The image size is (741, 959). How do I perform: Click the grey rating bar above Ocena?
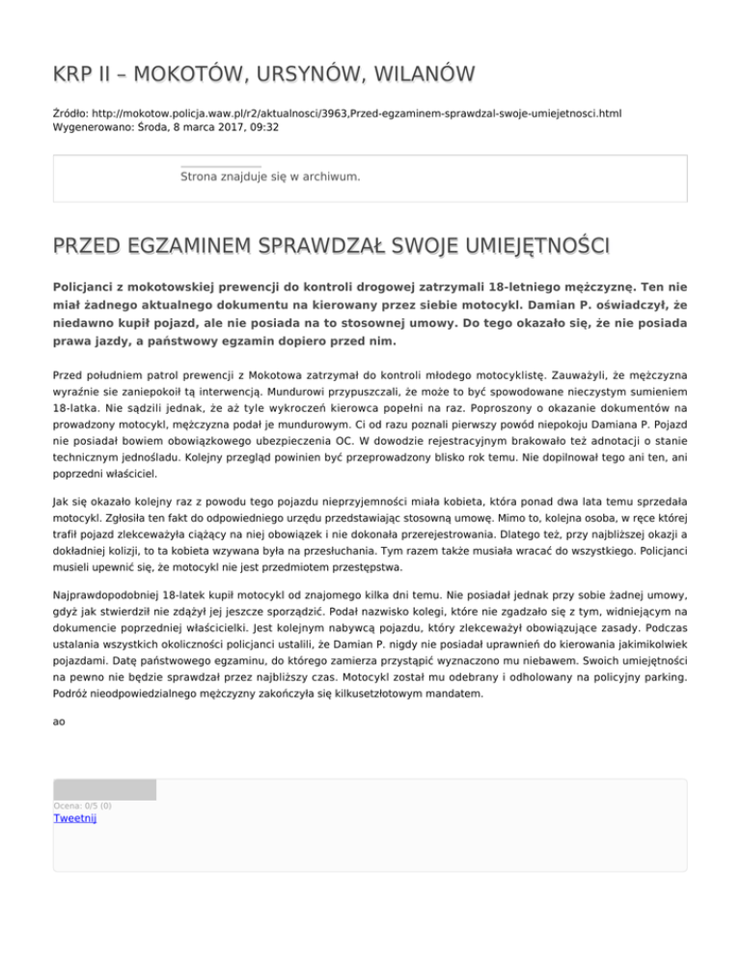click(104, 789)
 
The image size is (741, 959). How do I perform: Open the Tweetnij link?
click(74, 818)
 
